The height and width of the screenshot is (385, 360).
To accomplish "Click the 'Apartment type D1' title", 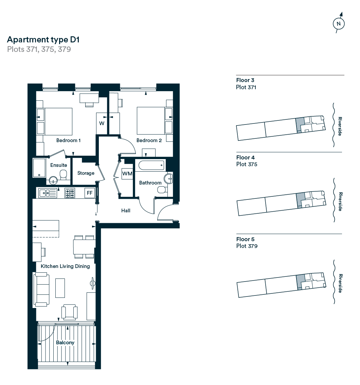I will (x=43, y=40).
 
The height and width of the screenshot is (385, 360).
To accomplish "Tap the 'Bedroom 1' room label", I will (x=68, y=140).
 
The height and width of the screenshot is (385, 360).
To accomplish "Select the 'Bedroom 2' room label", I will (x=149, y=140).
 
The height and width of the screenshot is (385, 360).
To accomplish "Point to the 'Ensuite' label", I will (x=59, y=165).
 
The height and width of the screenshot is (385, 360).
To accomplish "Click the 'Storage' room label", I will (x=86, y=173).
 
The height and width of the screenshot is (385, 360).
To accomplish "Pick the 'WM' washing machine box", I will (x=127, y=174).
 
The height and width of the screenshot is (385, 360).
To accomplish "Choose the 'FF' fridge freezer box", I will (x=90, y=193).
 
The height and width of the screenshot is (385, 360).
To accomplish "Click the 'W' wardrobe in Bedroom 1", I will (x=102, y=123).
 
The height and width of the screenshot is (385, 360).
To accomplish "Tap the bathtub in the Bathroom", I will (x=151, y=166).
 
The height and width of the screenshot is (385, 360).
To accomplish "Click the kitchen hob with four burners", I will (x=70, y=193).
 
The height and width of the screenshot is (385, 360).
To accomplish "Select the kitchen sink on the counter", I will (x=47, y=193).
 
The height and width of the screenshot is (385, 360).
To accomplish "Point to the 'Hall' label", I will (x=126, y=211).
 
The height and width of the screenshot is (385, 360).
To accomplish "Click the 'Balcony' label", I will (x=65, y=343).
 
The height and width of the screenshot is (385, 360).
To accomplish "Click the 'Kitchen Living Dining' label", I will (x=65, y=266).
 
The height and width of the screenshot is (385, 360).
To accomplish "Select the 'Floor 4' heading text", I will (x=245, y=157).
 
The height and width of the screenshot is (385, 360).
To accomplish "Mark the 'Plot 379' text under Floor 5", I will (x=247, y=246).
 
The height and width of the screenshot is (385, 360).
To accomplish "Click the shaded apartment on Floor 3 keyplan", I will (x=299, y=124).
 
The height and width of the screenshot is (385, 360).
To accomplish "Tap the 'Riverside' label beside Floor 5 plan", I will (x=340, y=283).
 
